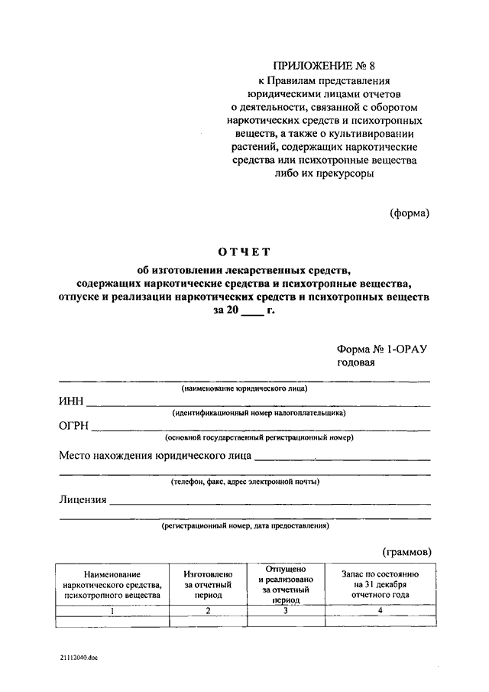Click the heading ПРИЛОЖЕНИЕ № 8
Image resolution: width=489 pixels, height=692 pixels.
pyautogui.click(x=325, y=67)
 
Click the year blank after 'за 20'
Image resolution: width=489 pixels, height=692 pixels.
pyautogui.click(x=251, y=312)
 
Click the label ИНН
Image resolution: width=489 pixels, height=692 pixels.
pyautogui.click(x=72, y=402)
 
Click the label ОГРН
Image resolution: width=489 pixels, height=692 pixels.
pyautogui.click(x=75, y=427)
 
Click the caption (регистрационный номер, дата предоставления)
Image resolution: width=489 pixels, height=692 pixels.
pyautogui.click(x=244, y=526)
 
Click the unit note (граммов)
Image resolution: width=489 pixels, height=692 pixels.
pyautogui.click(x=406, y=551)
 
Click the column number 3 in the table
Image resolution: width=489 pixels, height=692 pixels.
pyautogui.click(x=286, y=611)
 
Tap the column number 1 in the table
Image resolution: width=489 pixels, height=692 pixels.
pyautogui.click(x=112, y=611)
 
